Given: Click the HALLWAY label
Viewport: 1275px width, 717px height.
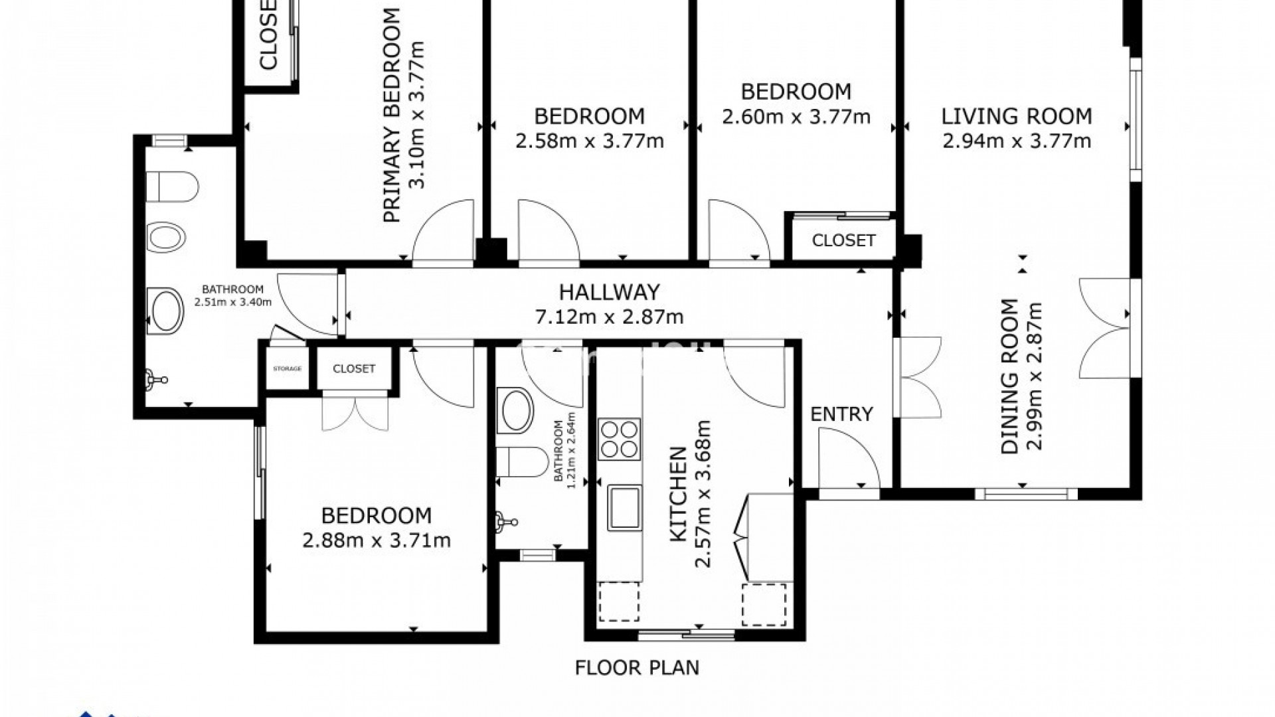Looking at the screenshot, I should pos(609,292).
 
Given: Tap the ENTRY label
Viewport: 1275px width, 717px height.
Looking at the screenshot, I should pos(841,414).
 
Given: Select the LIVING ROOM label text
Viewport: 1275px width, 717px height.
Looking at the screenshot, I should pos(1016,117).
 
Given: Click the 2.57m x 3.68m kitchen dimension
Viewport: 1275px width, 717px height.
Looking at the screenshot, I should pos(703,494).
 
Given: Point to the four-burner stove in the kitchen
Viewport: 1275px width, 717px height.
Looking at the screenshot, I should pos(620,439).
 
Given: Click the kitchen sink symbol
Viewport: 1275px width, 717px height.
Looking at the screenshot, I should pos(625,507).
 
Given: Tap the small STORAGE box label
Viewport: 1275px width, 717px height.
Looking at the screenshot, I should pos(287,368).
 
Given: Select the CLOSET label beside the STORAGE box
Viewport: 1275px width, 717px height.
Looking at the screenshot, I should pos(354,368).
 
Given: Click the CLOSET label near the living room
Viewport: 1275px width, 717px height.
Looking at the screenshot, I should pos(843,240).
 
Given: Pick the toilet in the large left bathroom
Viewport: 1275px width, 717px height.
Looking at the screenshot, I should pos(171,187).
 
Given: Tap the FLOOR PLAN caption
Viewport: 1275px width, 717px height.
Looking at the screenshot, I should pos(637,667).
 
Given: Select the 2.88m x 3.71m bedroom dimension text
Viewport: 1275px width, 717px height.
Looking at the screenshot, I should pos(377,541).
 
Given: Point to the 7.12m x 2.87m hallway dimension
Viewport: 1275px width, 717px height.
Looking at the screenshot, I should pos(609,317).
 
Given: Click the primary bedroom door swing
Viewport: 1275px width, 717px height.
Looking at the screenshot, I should pos(442,232).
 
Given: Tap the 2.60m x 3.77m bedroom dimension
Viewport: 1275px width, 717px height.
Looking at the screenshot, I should pos(796,118).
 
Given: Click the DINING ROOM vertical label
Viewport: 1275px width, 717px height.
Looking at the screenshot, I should pos(1010,376).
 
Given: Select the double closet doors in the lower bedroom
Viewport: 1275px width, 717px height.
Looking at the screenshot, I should pos(355,413).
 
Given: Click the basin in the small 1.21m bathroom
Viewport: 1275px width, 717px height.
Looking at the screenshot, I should pos(517,412).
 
